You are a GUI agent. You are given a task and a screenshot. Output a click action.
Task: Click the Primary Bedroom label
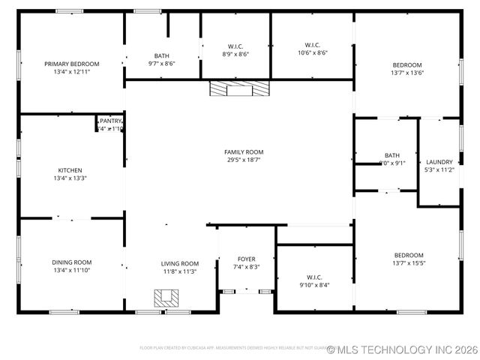71,64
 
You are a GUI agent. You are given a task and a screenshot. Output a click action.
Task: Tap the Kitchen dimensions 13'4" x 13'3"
70,178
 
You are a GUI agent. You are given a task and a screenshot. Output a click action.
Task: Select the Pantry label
110,120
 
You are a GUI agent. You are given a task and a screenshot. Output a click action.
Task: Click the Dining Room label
72,262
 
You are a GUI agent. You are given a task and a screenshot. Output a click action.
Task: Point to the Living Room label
180,263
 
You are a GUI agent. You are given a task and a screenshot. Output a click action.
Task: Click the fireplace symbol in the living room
166,298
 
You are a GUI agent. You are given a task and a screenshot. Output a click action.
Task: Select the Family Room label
244,151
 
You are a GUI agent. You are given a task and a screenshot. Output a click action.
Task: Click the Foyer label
246,259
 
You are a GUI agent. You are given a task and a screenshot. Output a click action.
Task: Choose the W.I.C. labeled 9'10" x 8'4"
313,280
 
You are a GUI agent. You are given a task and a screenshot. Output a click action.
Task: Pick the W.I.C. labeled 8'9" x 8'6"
235,49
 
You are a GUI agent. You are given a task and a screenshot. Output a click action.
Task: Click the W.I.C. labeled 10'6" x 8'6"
313,48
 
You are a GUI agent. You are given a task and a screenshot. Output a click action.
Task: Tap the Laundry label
439,162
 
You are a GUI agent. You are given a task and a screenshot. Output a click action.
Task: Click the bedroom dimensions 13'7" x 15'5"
408,263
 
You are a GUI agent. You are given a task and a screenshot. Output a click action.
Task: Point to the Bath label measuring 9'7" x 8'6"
162,60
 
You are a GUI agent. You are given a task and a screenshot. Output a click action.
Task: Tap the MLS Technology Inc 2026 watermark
402,349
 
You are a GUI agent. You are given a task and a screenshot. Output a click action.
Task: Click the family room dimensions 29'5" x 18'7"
244,159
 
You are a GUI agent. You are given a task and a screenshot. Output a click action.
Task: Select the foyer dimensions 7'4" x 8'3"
246,266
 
